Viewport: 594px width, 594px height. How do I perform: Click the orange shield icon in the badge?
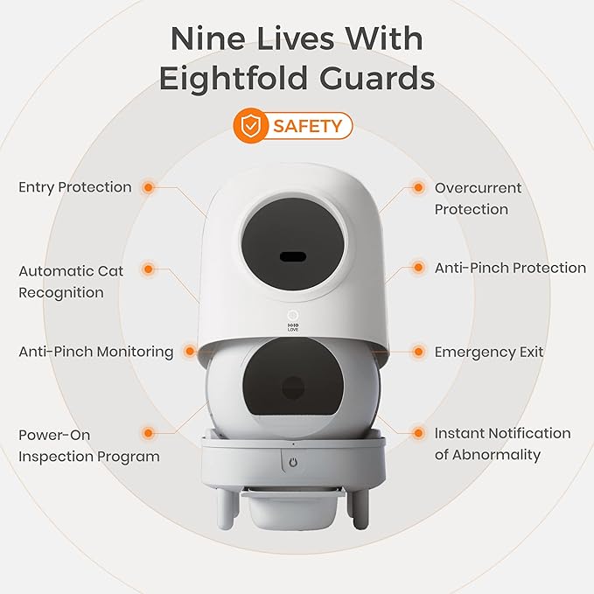pyautogui.click(x=250, y=125)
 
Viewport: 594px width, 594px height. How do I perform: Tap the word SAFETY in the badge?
pyautogui.click(x=308, y=126)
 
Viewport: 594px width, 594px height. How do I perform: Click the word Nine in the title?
pyautogui.click(x=207, y=39)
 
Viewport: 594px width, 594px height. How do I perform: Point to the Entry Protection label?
pyautogui.click(x=75, y=187)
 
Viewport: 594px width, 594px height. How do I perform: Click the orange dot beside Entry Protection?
pyautogui.click(x=149, y=187)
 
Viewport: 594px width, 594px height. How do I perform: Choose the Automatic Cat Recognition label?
pyautogui.click(x=71, y=282)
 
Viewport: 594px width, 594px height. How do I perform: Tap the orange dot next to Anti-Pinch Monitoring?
pyautogui.click(x=190, y=351)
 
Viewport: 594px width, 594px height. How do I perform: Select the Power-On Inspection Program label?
pyautogui.click(x=89, y=445)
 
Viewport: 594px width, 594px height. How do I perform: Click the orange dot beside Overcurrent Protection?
pyautogui.click(x=418, y=187)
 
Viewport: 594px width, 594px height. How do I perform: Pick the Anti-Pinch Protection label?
pyautogui.click(x=510, y=268)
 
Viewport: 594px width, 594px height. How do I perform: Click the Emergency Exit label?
pyautogui.click(x=489, y=352)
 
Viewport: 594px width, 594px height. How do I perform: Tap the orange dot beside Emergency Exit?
pyautogui.click(x=418, y=352)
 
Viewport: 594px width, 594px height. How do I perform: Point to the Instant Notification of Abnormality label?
pyautogui.click(x=502, y=444)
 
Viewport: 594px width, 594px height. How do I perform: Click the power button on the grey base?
pyautogui.click(x=293, y=462)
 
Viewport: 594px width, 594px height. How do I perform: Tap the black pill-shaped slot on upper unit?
pyautogui.click(x=293, y=257)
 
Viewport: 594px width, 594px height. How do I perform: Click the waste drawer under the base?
pyautogui.click(x=293, y=508)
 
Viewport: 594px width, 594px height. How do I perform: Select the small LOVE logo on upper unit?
pyautogui.click(x=293, y=328)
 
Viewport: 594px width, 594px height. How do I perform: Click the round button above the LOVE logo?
pyautogui.click(x=293, y=315)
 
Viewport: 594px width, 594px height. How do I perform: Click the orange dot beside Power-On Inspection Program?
pyautogui.click(x=149, y=433)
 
